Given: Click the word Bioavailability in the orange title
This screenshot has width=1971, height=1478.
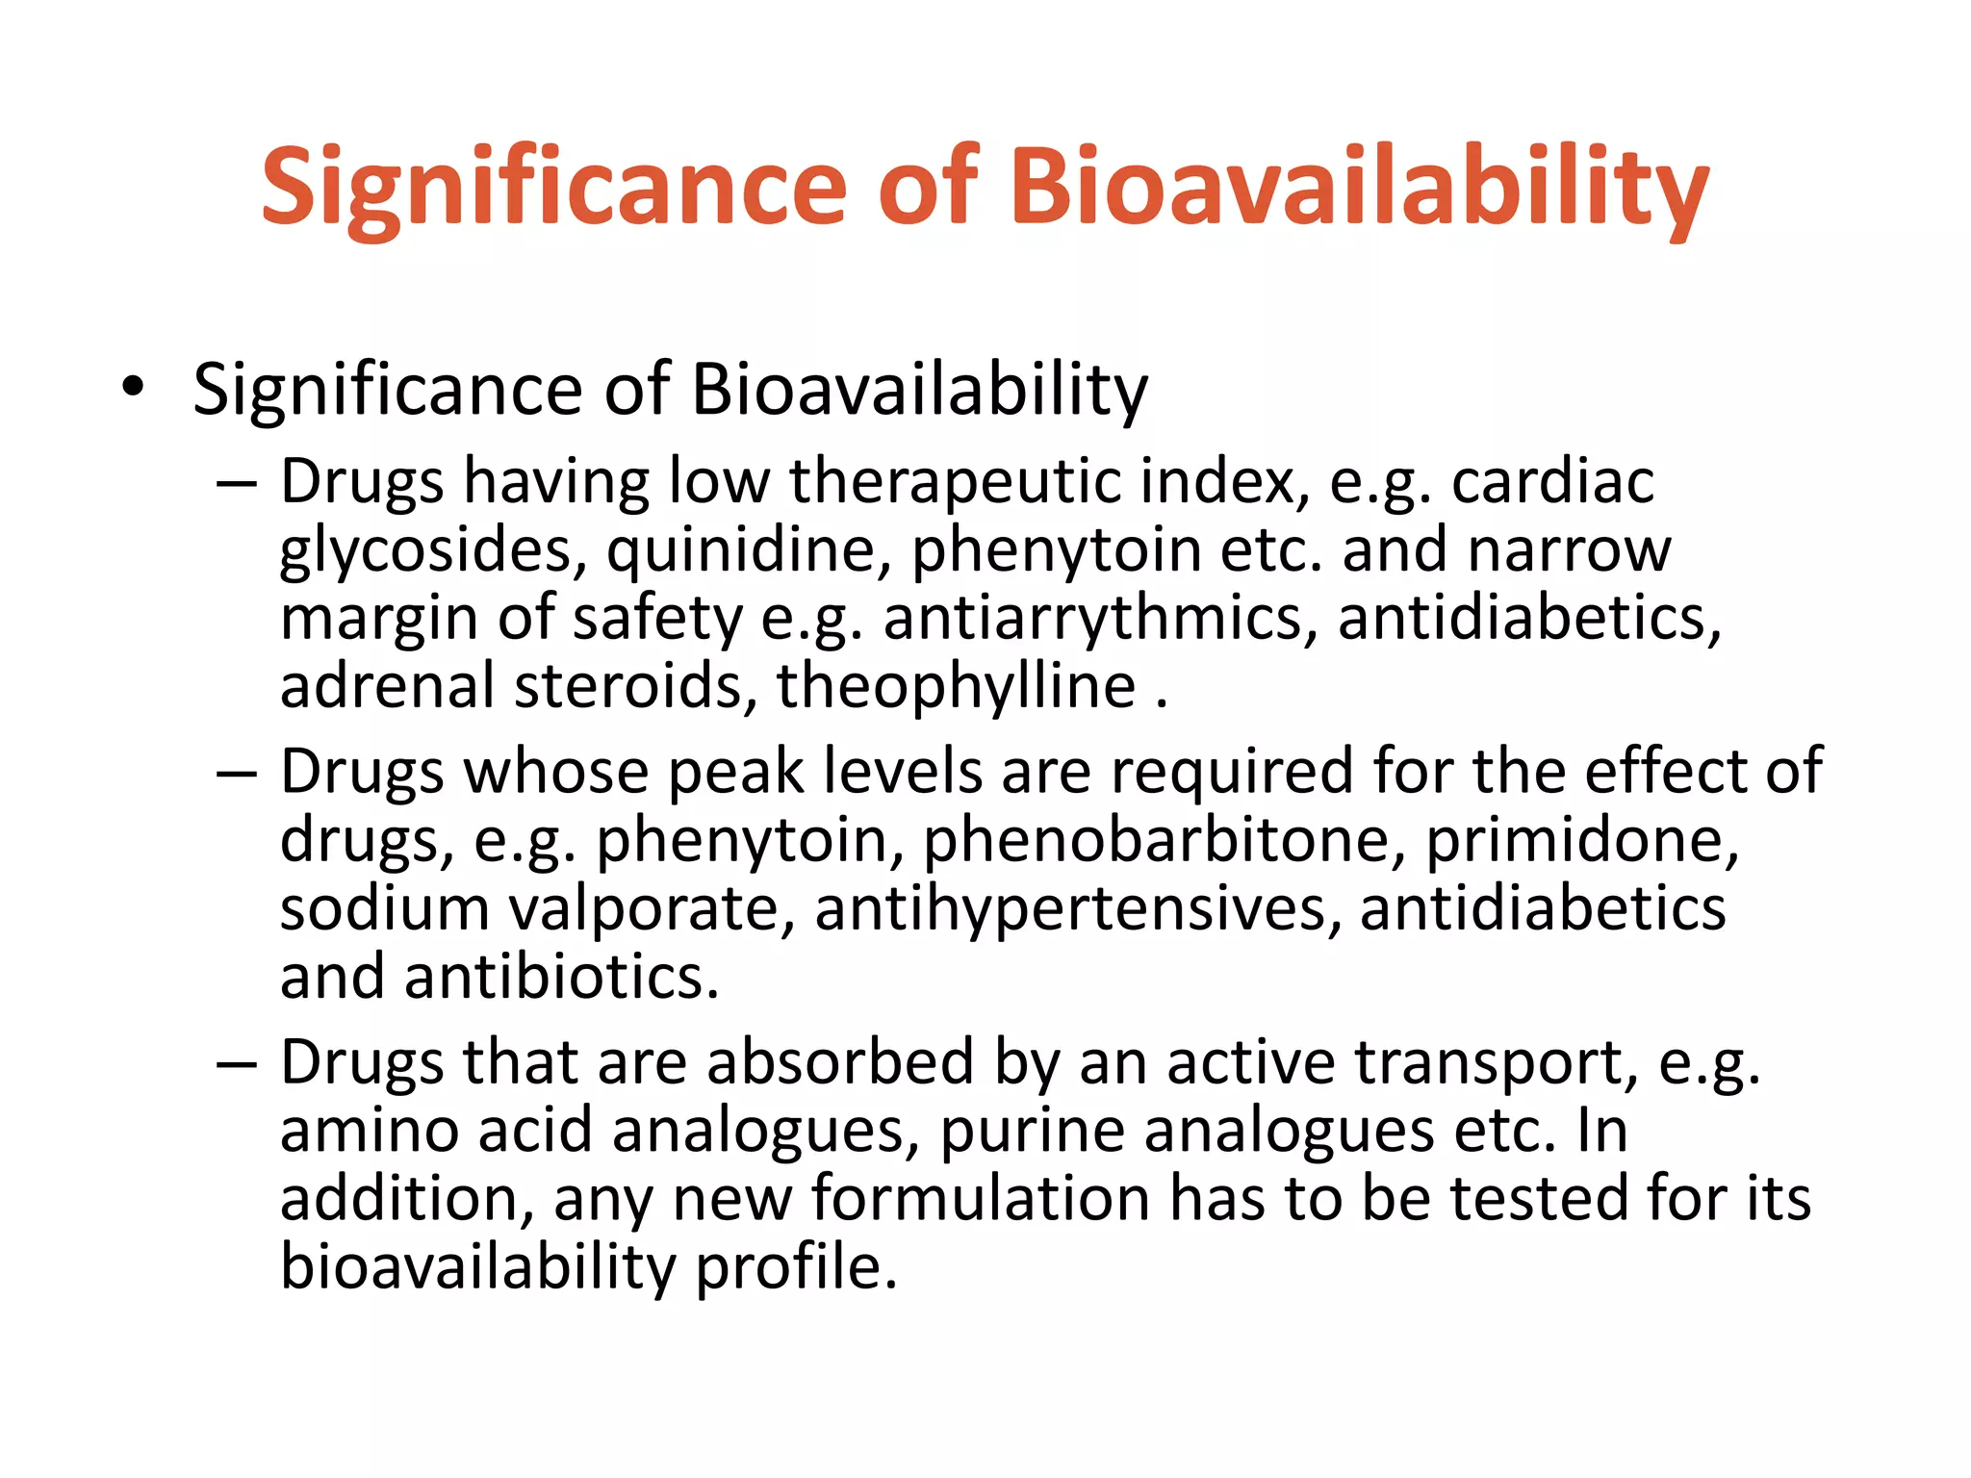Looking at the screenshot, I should click(1358, 187).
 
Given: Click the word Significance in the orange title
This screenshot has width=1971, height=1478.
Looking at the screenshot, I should click(553, 187).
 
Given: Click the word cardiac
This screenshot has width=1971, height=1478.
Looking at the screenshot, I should click(1552, 480).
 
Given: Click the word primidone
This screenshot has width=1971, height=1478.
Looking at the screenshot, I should click(1581, 841).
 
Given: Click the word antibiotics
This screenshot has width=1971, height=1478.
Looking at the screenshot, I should click(561, 977).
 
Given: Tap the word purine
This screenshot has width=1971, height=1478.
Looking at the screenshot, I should click(1032, 1131).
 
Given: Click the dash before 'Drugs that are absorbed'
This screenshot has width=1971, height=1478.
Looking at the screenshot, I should click(237, 1064).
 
